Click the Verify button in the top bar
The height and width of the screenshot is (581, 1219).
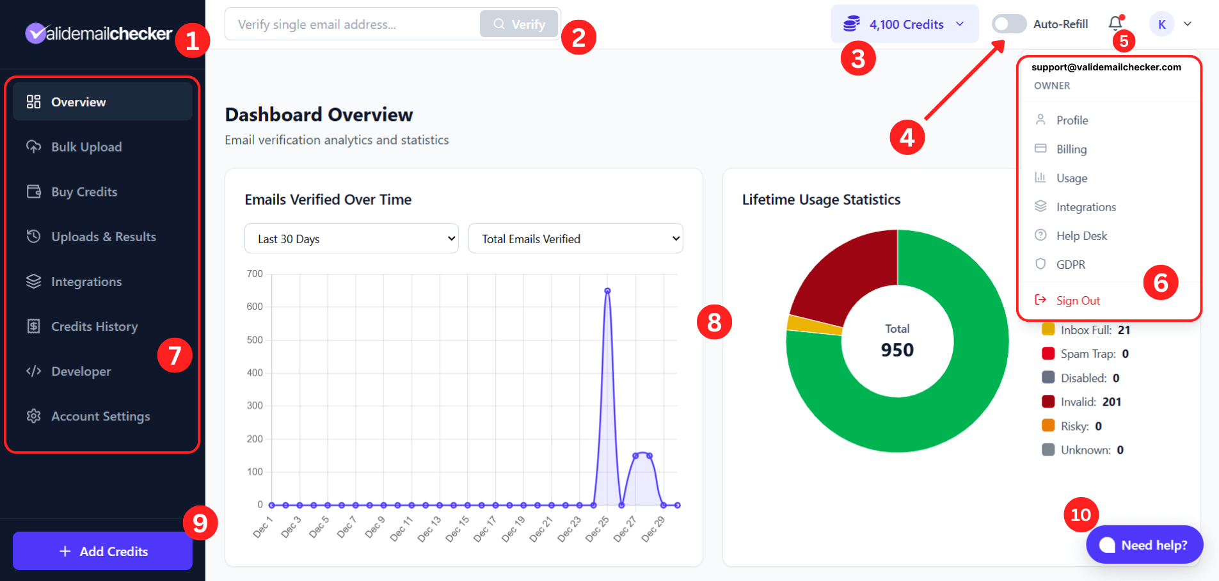519,24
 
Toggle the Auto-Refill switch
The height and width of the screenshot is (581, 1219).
1008,24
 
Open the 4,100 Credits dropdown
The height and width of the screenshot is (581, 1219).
904,24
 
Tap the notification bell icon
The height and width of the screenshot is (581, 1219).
1115,24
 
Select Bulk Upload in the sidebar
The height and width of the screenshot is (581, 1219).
86,147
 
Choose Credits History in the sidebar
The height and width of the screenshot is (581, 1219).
94,326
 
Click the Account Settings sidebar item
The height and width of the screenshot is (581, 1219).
100,417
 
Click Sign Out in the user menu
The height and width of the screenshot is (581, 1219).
1078,301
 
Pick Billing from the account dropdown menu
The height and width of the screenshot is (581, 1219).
1071,149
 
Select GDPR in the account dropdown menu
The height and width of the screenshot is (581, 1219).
1071,265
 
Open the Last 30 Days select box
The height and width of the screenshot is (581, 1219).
351,239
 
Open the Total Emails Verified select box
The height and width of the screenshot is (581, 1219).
575,239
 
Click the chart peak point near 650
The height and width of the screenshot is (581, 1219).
607,291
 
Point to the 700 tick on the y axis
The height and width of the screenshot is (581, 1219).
255,274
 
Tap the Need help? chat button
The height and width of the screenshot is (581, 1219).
1144,545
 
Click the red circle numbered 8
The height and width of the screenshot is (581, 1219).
714,322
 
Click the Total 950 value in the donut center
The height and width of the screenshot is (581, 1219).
897,350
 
